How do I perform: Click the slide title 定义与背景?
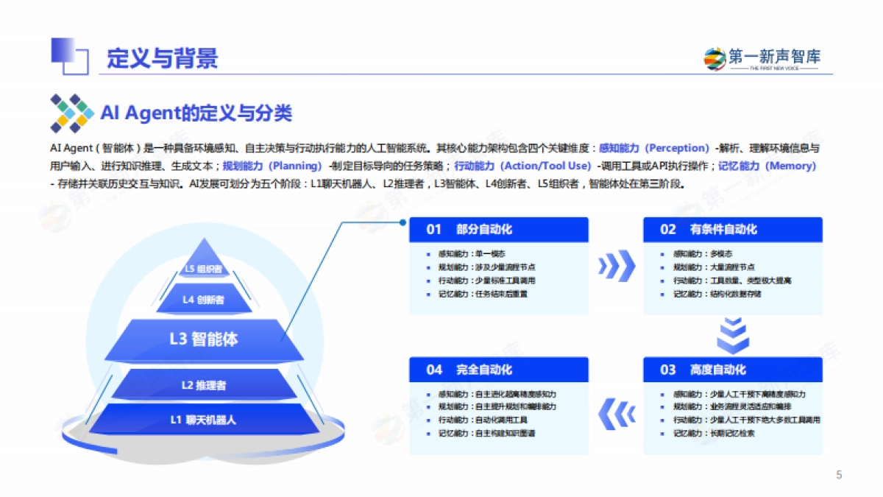pyautogui.click(x=163, y=58)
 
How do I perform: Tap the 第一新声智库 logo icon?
pyautogui.click(x=714, y=58)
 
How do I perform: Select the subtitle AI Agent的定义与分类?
pyautogui.click(x=196, y=113)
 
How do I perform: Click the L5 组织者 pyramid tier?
pyautogui.click(x=203, y=269)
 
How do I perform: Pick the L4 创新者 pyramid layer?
pyautogui.click(x=203, y=300)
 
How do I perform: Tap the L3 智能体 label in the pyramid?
pyautogui.click(x=204, y=339)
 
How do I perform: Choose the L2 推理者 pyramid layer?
pyautogui.click(x=204, y=385)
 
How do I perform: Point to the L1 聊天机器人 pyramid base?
pyautogui.click(x=204, y=420)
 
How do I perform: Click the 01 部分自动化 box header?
pyautogui.click(x=499, y=229)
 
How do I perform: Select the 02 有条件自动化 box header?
pyautogui.click(x=732, y=229)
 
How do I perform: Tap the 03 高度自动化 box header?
pyautogui.click(x=732, y=369)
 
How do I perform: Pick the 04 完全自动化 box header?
pyautogui.click(x=499, y=369)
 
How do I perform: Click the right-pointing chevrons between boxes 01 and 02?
pyautogui.click(x=616, y=265)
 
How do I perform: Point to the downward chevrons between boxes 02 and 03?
pyautogui.click(x=732, y=336)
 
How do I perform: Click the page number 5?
pyautogui.click(x=839, y=474)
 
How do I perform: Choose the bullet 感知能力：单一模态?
pyautogui.click(x=471, y=253)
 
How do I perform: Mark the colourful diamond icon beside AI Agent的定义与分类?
pyautogui.click(x=71, y=113)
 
